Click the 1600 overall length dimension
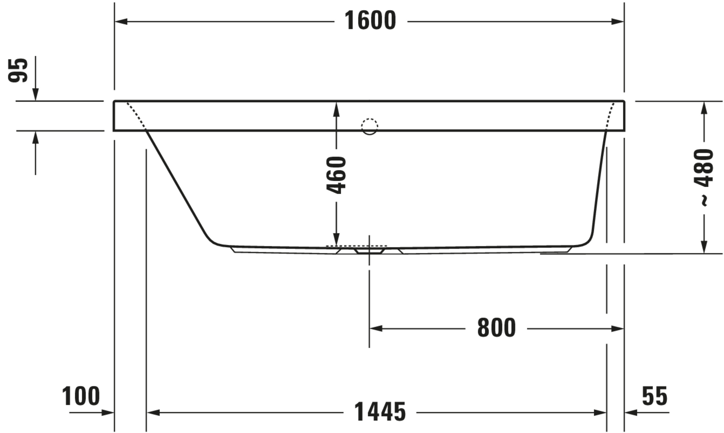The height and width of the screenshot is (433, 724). pyautogui.click(x=370, y=20)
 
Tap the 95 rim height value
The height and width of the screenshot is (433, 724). pyautogui.click(x=18, y=70)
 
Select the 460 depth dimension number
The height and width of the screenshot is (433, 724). pyautogui.click(x=336, y=175)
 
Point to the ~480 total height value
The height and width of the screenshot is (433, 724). pyautogui.click(x=703, y=178)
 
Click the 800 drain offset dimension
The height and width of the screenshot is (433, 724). pyautogui.click(x=496, y=328)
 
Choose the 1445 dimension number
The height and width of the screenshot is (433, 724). pyautogui.click(x=380, y=412)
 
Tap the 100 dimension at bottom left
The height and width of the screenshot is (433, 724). pyautogui.click(x=81, y=396)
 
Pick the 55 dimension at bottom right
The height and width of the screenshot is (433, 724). pyautogui.click(x=655, y=396)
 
